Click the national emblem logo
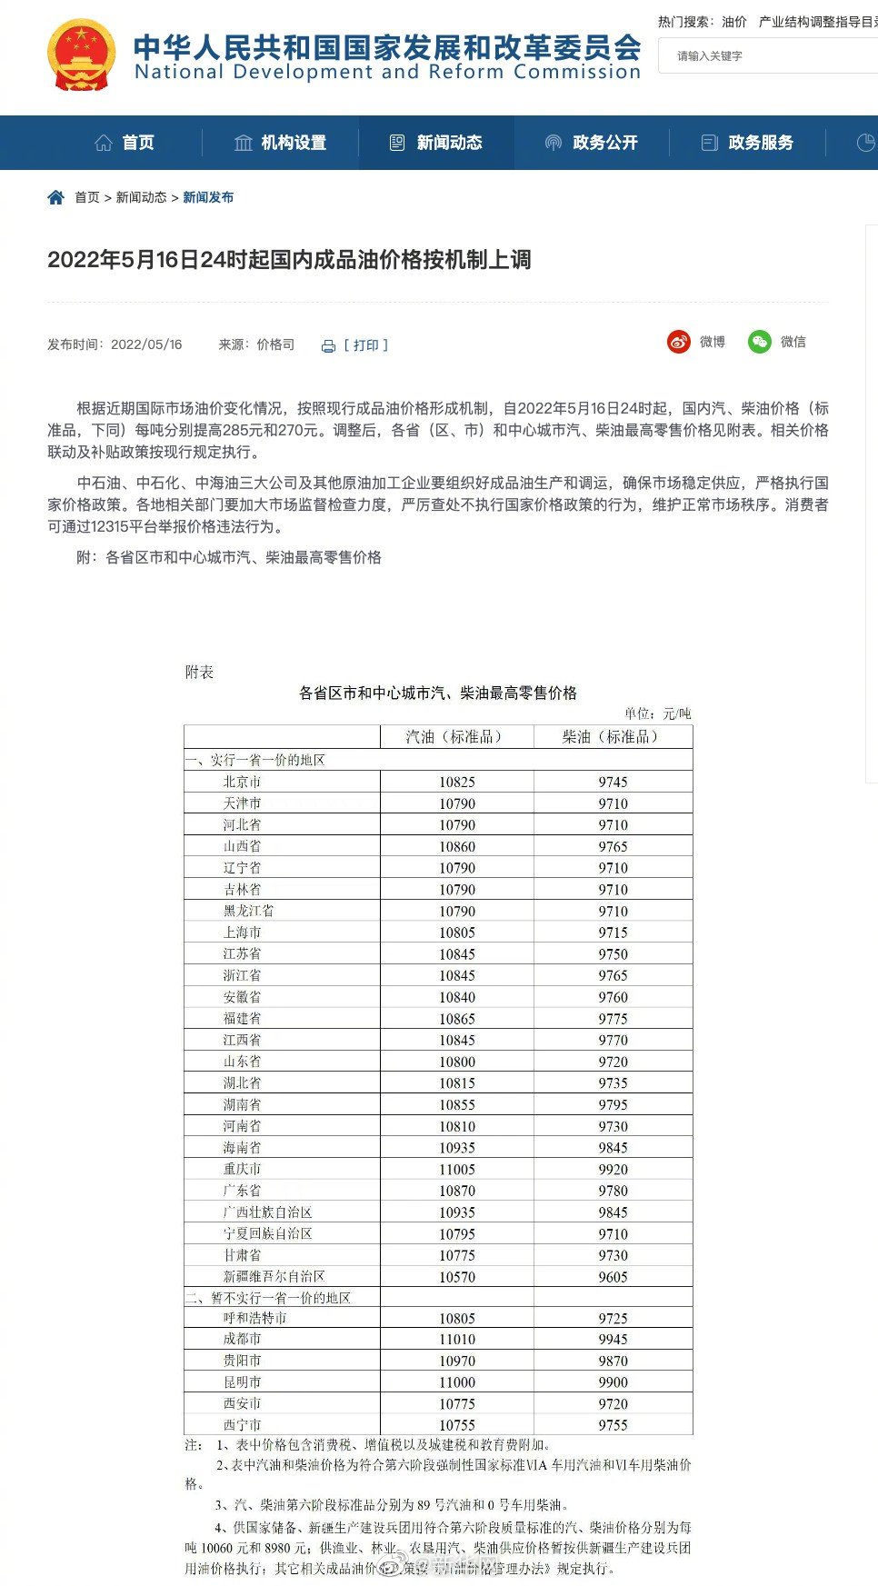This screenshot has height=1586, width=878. (x=82, y=55)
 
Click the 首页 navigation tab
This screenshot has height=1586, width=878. (x=125, y=143)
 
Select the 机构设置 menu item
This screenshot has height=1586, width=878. (x=281, y=143)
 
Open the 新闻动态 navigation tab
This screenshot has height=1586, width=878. (x=436, y=143)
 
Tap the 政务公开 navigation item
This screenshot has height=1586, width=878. (x=592, y=143)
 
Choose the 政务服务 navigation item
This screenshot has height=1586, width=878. (x=748, y=143)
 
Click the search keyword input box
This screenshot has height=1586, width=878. (x=773, y=56)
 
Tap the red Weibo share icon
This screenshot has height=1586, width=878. (x=679, y=342)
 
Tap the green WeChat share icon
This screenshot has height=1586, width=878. (x=759, y=342)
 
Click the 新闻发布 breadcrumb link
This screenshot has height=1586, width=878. (x=208, y=197)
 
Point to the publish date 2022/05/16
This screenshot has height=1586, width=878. (x=146, y=344)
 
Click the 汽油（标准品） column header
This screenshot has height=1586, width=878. (x=456, y=737)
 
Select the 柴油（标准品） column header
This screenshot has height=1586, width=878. (x=613, y=737)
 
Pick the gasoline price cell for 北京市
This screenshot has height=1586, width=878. (x=456, y=782)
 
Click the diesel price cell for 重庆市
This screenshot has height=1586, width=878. (x=613, y=1170)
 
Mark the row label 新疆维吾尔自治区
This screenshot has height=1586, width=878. (x=274, y=1277)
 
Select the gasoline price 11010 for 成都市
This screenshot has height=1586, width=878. (x=456, y=1340)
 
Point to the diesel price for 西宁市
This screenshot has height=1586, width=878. (x=613, y=1425)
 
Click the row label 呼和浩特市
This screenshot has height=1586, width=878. (x=254, y=1318)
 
